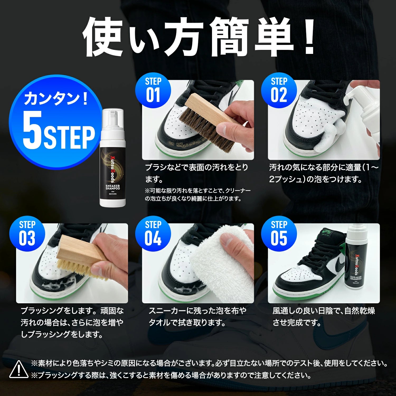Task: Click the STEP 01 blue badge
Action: (x=153, y=90)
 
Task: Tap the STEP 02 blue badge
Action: (x=279, y=90)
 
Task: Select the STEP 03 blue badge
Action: (x=27, y=234)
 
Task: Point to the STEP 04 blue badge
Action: (x=153, y=234)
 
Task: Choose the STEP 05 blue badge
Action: (x=279, y=234)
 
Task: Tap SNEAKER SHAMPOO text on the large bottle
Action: (x=113, y=187)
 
